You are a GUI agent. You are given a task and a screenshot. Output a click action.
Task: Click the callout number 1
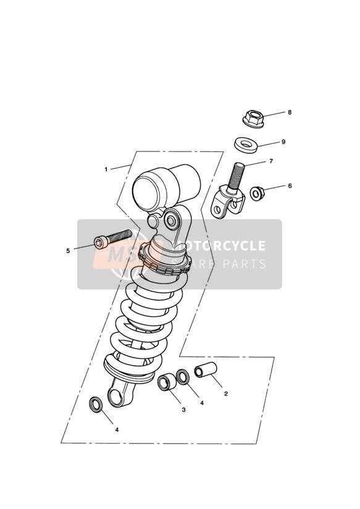coord(106,169)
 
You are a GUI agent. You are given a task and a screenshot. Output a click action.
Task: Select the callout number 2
coord(226,393)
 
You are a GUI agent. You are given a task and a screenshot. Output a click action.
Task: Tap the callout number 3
coord(184,410)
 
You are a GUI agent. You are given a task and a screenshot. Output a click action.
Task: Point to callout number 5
coord(68,251)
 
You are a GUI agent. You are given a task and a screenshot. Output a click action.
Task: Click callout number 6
coord(290,186)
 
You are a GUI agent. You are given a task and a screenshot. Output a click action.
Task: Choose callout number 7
coord(271,161)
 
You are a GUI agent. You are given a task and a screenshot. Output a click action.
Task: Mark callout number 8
coord(290,112)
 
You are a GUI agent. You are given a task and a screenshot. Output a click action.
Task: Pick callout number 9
coord(283,142)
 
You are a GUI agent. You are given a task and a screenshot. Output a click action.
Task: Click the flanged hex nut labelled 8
coord(253,119)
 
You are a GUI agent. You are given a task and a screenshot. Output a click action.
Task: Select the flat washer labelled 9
coord(246,145)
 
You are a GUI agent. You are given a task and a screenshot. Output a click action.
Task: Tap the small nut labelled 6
coord(257,193)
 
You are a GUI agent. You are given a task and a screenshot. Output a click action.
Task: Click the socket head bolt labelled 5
coord(113,238)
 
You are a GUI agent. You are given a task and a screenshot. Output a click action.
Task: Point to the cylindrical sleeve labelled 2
coord(206,370)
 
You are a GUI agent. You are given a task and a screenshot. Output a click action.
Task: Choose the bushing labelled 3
coord(167,382)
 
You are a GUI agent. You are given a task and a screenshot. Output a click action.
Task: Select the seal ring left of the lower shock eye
coord(96,405)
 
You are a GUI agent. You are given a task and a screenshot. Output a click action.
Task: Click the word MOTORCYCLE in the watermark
coord(220,246)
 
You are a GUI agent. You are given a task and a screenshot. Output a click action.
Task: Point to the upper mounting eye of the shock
coord(172,220)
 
